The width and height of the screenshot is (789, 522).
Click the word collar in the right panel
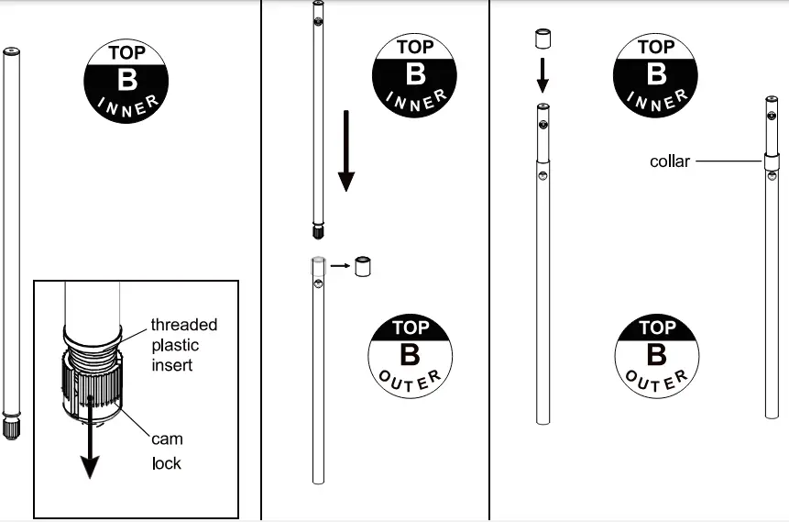[669, 161]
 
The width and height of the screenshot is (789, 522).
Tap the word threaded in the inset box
[184, 325]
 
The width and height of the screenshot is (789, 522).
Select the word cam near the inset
[167, 439]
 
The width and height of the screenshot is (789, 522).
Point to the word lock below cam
[167, 463]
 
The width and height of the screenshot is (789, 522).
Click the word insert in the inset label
[172, 365]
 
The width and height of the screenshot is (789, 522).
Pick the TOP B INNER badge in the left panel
[126, 82]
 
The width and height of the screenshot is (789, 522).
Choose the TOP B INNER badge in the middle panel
[414, 75]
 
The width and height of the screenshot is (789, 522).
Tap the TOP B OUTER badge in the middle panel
[411, 356]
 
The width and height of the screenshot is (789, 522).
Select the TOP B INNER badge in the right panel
[655, 75]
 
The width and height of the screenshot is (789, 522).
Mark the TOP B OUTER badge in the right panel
[657, 356]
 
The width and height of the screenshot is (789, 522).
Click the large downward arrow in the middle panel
[346, 151]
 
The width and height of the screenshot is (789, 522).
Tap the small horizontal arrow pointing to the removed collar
[340, 265]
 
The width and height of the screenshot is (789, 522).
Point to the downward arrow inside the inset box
[90, 437]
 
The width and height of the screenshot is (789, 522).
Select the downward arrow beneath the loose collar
[542, 75]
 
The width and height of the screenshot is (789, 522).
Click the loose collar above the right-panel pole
[542, 39]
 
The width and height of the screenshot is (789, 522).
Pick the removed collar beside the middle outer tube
[363, 267]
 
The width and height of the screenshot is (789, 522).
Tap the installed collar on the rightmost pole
[772, 162]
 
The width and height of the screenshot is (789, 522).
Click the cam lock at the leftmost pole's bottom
[11, 427]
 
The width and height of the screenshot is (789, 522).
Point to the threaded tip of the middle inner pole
[317, 231]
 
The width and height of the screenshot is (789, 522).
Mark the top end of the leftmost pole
[11, 50]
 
